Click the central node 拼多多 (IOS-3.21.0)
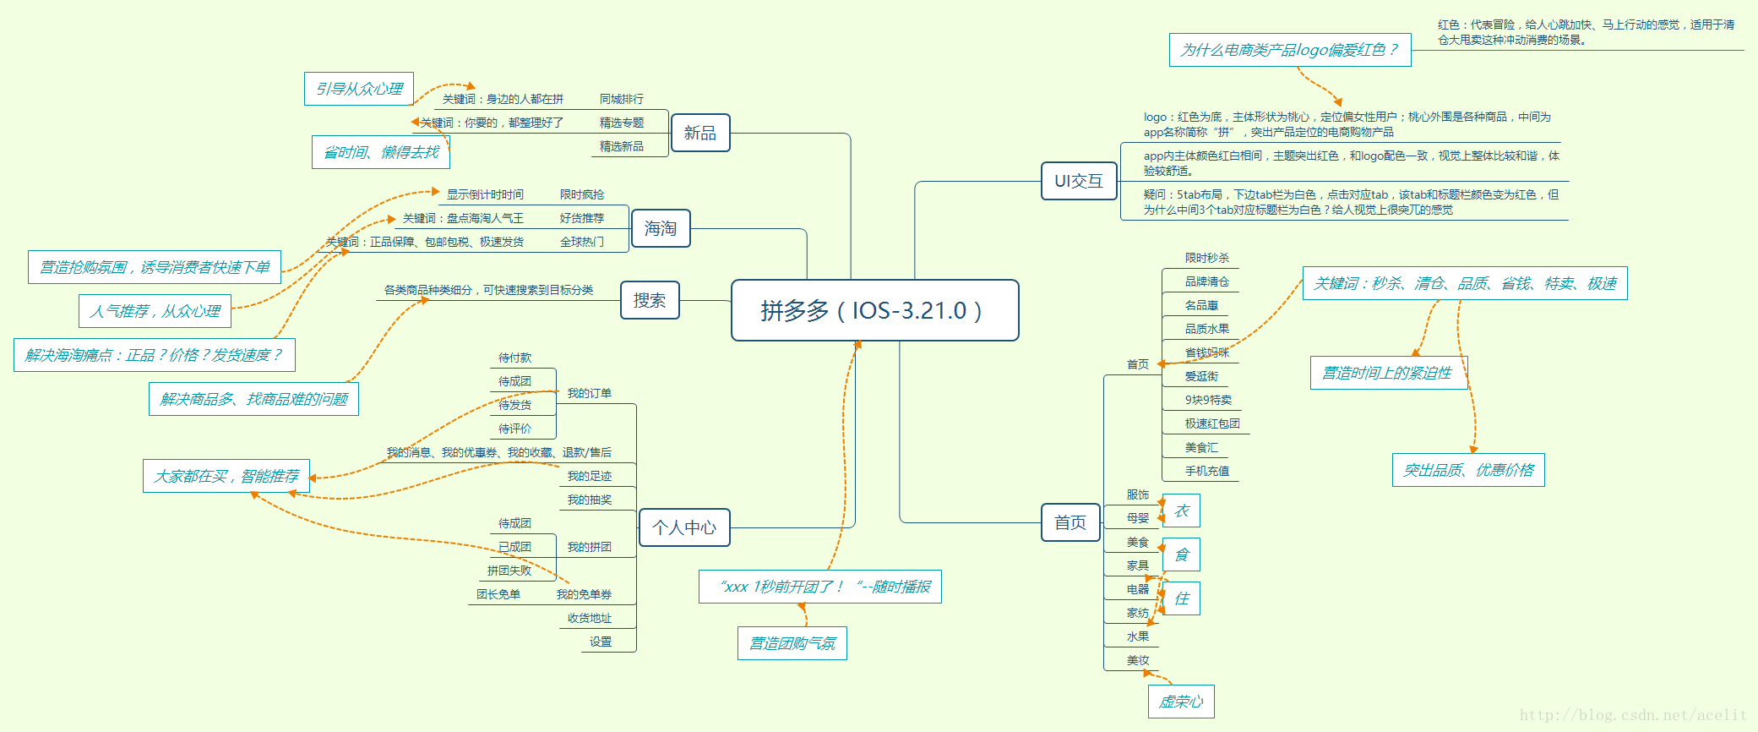click(x=874, y=310)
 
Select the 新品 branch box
click(x=700, y=134)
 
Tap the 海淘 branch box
click(x=661, y=228)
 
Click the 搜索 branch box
click(x=650, y=300)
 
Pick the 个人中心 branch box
click(x=684, y=527)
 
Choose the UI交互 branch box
click(x=1079, y=181)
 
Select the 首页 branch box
click(x=1070, y=522)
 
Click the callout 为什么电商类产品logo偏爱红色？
click(x=1289, y=50)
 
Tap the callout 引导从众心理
click(x=359, y=89)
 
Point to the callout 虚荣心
click(x=1181, y=702)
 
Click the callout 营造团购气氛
click(x=792, y=643)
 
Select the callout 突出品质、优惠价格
click(x=1468, y=470)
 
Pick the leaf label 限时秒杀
click(x=1206, y=258)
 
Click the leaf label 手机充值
click(x=1206, y=471)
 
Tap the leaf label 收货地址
click(x=589, y=618)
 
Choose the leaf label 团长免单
click(x=498, y=594)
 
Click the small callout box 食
click(x=1181, y=554)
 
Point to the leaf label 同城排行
click(x=621, y=99)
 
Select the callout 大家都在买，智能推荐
click(x=226, y=476)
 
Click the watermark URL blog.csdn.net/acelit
click(x=1632, y=715)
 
